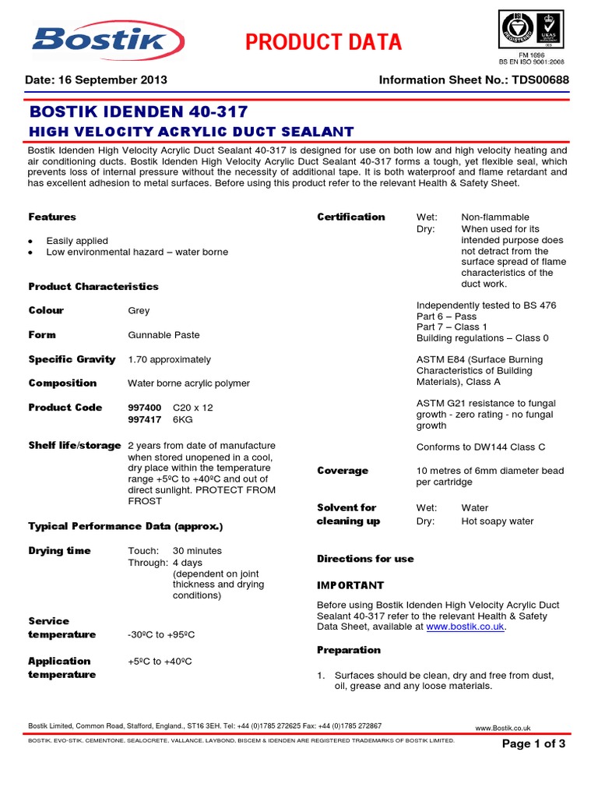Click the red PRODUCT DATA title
[323, 42]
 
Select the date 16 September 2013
[97, 80]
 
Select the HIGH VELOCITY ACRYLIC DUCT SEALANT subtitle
[191, 132]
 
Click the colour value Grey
[139, 310]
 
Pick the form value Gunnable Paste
[164, 335]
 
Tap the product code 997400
[145, 408]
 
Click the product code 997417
[145, 419]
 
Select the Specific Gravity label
[72, 359]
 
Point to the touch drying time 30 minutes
[197, 551]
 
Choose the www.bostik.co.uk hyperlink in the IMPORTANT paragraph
[466, 627]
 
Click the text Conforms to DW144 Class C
[480, 447]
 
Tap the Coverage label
[343, 471]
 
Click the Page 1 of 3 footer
[533, 744]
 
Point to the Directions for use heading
[365, 559]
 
